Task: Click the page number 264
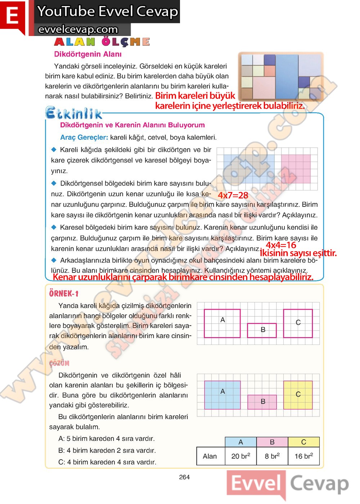click(x=184, y=477)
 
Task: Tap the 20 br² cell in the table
click(x=240, y=456)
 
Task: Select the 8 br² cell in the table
click(x=272, y=456)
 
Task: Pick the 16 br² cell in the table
click(x=303, y=456)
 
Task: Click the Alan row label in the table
click(x=210, y=456)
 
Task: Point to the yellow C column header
click(x=303, y=442)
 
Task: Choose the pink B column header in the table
click(x=272, y=442)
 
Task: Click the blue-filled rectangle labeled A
click(x=222, y=395)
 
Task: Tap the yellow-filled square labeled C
click(x=298, y=395)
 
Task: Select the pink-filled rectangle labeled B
click(x=262, y=402)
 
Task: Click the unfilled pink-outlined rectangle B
click(x=262, y=330)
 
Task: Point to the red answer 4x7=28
click(x=233, y=195)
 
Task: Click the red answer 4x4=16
click(x=281, y=245)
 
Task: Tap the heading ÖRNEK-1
click(x=64, y=293)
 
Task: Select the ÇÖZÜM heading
click(x=59, y=363)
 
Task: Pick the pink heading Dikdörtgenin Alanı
click(x=88, y=54)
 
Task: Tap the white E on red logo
click(x=13, y=16)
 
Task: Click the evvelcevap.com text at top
click(x=78, y=30)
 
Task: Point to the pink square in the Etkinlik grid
click(x=296, y=169)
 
